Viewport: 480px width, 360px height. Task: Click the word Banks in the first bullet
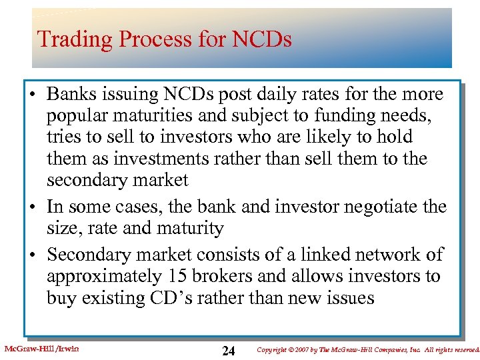pos(74,93)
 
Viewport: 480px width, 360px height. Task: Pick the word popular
pos(76,115)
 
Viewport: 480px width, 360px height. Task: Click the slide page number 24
pos(228,351)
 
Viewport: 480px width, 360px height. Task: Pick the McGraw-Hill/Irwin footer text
pos(41,349)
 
